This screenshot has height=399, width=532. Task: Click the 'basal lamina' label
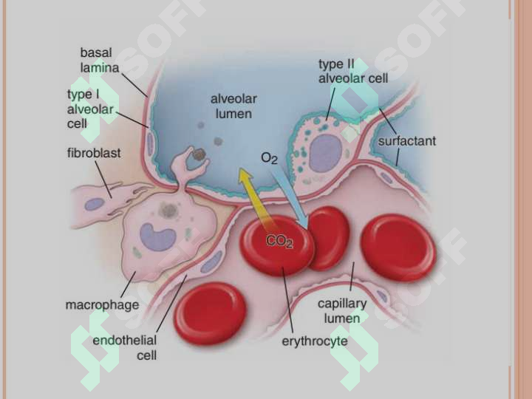click(x=100, y=61)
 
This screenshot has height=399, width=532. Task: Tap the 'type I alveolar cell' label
click(x=90, y=109)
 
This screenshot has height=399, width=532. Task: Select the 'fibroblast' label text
click(x=94, y=153)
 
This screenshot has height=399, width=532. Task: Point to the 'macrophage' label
click(x=102, y=304)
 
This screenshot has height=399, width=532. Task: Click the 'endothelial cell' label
click(x=125, y=347)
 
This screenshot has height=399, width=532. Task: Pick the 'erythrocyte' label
click(x=315, y=341)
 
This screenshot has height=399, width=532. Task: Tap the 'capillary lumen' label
click(x=342, y=311)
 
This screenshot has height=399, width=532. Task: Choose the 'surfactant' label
click(x=407, y=141)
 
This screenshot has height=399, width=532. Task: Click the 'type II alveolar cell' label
click(x=353, y=71)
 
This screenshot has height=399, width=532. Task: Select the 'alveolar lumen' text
click(x=233, y=106)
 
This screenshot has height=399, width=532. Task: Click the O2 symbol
click(x=269, y=158)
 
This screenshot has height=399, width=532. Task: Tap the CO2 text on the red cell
click(x=279, y=241)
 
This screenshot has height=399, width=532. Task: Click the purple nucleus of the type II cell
click(x=326, y=153)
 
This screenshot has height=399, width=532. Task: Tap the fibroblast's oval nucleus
click(x=95, y=204)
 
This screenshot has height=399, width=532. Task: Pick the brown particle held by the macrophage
click(x=199, y=154)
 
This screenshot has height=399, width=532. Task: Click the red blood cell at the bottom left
click(x=210, y=313)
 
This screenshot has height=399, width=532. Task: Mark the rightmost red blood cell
click(x=398, y=248)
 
